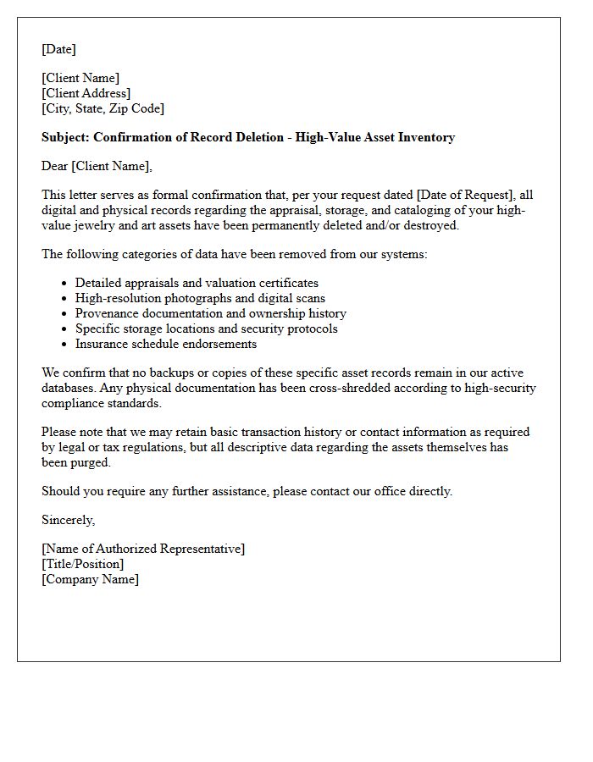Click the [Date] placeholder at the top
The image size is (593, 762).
(58, 49)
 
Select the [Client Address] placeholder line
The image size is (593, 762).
(86, 93)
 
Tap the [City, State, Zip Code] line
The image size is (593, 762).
(103, 108)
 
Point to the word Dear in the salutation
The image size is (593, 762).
(55, 166)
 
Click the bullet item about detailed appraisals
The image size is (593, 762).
(197, 283)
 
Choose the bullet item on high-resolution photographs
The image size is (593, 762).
(200, 298)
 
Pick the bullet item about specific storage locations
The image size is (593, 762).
(206, 329)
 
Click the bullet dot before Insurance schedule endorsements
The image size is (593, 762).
(65, 345)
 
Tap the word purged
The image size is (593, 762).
(92, 462)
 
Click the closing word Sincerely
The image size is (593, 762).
(68, 520)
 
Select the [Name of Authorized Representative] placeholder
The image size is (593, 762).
(143, 549)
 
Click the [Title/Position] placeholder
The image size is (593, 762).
(82, 564)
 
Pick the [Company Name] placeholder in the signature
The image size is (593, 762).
(90, 579)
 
